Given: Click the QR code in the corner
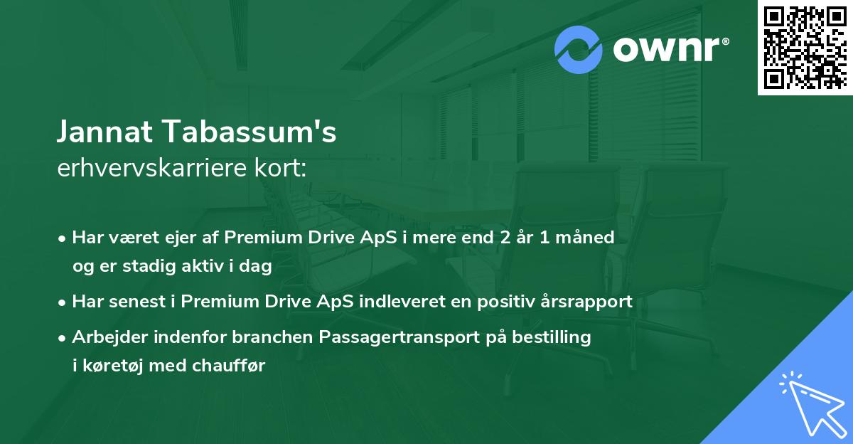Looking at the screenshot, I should coord(805,48).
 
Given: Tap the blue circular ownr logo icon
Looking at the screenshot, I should coord(579,50).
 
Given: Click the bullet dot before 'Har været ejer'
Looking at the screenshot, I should coord(63,238).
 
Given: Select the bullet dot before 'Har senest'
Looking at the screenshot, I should coord(63,302).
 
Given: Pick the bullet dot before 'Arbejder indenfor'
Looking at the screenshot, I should coord(63,338).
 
